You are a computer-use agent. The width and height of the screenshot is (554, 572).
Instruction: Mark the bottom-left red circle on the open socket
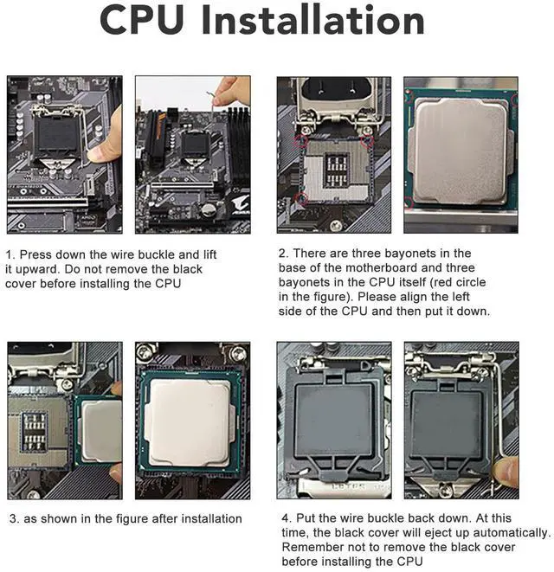pyautogui.click(x=300, y=200)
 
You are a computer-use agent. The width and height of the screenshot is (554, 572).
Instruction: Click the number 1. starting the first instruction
pyautogui.click(x=10, y=254)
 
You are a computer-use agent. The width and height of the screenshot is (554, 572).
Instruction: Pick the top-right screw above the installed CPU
pyautogui.click(x=239, y=352)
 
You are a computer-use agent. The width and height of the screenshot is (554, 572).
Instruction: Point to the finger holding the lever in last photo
pyautogui.click(x=506, y=472)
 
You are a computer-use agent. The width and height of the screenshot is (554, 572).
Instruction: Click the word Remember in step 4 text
pyautogui.click(x=309, y=547)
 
